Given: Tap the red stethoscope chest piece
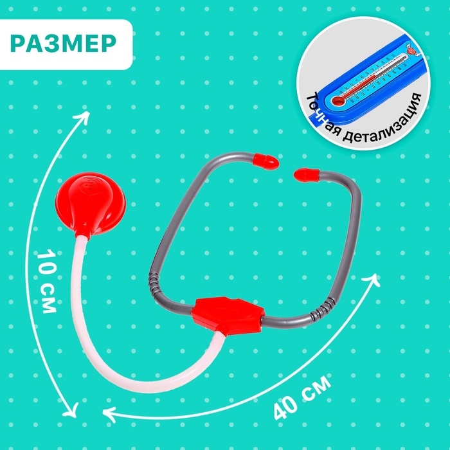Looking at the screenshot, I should pos(93,194).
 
